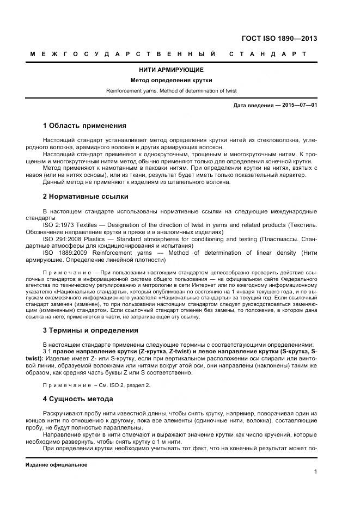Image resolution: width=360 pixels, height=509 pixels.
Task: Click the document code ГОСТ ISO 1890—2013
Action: [279, 39]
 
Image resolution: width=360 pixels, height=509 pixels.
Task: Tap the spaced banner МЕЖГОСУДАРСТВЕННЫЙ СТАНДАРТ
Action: [168, 54]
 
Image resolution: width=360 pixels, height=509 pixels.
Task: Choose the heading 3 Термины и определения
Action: [86, 330]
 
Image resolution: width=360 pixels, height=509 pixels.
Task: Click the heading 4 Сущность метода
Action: [80, 399]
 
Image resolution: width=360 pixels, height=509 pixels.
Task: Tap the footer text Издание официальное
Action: [56, 464]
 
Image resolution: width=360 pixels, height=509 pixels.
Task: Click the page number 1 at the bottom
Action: [315, 472]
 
